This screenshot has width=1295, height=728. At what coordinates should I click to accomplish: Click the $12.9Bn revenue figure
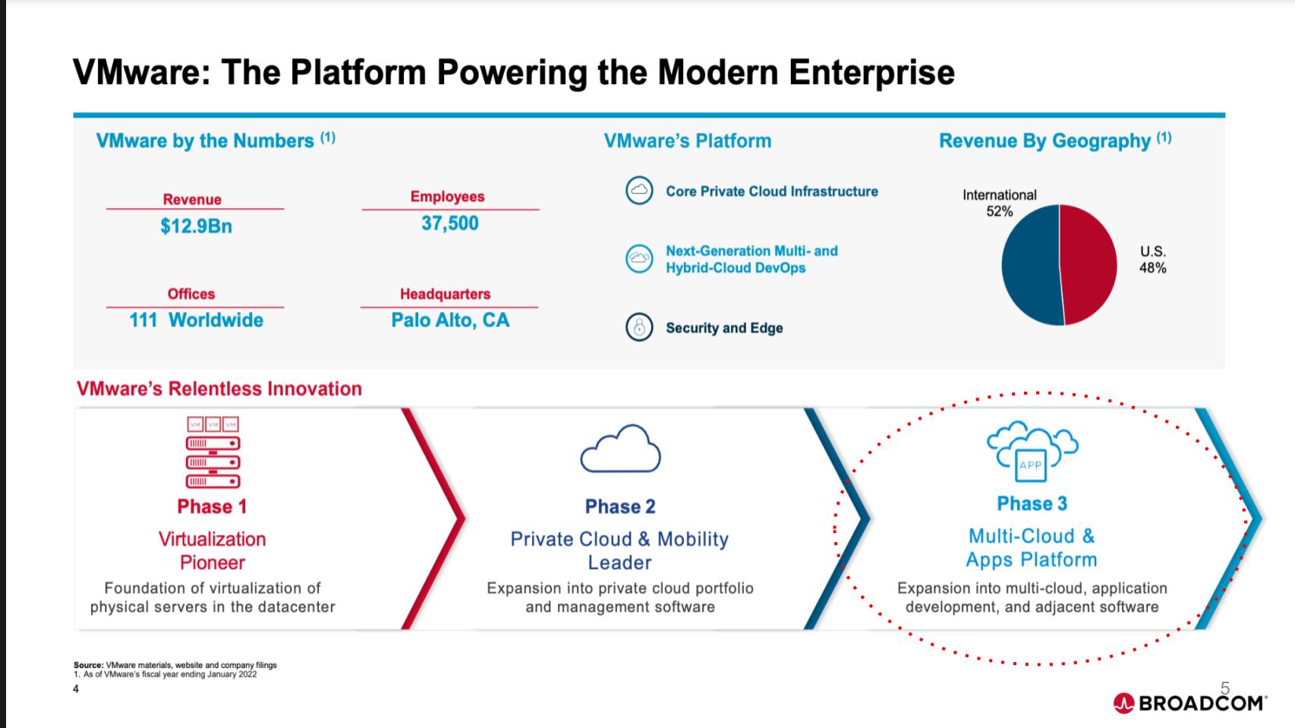196,226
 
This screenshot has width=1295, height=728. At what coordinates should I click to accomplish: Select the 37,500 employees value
450,223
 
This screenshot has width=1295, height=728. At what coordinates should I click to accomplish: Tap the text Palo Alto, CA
450,320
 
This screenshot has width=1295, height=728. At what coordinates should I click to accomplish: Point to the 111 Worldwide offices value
196,320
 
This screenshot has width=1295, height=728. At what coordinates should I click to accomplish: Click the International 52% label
999,203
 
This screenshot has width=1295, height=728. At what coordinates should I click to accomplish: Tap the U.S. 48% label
1152,260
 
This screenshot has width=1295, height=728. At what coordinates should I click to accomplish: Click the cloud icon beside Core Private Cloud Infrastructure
639,191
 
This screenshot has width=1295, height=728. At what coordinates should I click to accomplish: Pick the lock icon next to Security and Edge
639,327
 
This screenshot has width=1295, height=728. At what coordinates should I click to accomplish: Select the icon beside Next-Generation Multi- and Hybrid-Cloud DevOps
639,259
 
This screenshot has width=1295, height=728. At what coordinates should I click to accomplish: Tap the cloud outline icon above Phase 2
620,449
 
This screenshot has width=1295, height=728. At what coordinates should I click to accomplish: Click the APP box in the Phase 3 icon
1030,465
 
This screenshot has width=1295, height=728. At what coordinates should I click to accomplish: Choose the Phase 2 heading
620,506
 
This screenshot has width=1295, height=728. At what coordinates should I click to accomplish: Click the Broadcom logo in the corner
1189,703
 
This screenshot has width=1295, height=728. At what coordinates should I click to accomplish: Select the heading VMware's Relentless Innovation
219,389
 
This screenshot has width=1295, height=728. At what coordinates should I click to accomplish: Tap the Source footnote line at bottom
175,665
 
